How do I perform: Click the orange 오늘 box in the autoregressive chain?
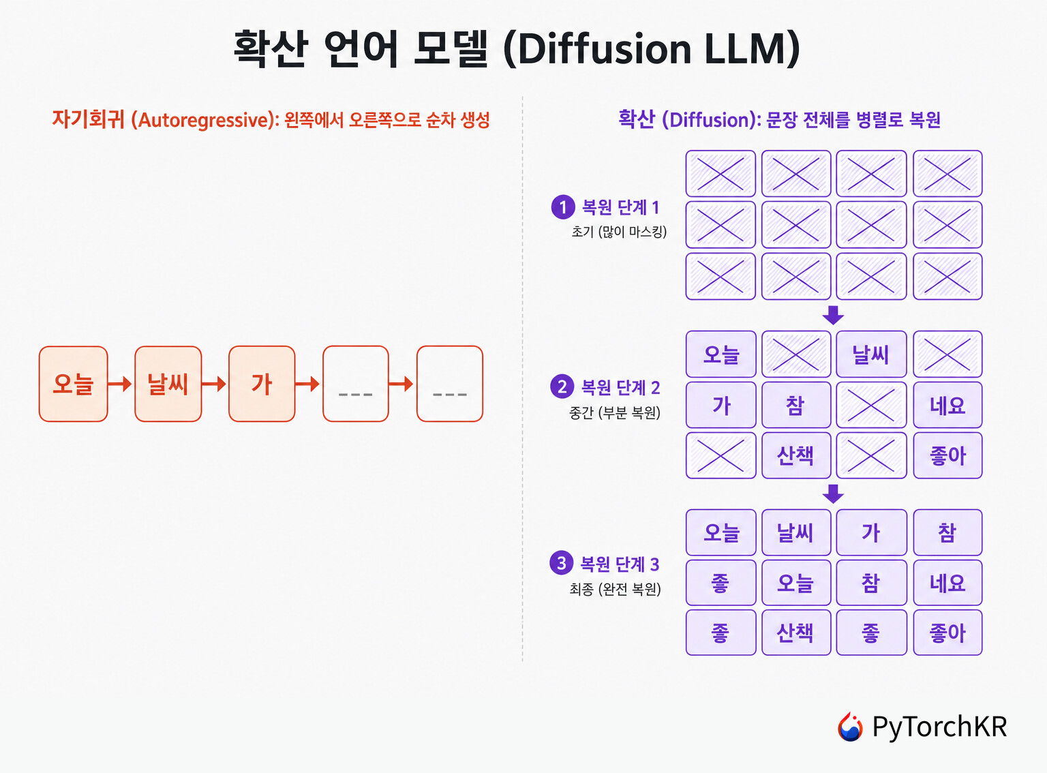point(73,383)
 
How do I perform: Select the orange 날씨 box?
point(168,383)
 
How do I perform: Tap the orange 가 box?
point(262,383)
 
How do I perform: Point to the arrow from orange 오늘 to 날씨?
point(120,383)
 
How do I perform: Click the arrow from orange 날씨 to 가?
point(214,383)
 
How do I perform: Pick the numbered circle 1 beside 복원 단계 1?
point(562,207)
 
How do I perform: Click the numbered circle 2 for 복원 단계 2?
point(562,386)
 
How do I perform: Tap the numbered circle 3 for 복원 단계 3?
point(561,563)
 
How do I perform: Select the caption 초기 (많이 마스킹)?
point(619,231)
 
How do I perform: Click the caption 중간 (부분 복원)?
point(615,412)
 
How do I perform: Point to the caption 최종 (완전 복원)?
point(615,589)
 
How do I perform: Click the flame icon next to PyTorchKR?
point(850,727)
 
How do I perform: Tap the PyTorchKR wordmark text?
point(940,726)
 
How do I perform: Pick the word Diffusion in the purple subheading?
point(712,120)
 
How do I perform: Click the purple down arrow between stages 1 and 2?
point(833,315)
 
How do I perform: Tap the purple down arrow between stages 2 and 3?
point(833,494)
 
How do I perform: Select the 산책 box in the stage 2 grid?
point(796,455)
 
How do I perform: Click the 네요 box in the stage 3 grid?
point(947,583)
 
